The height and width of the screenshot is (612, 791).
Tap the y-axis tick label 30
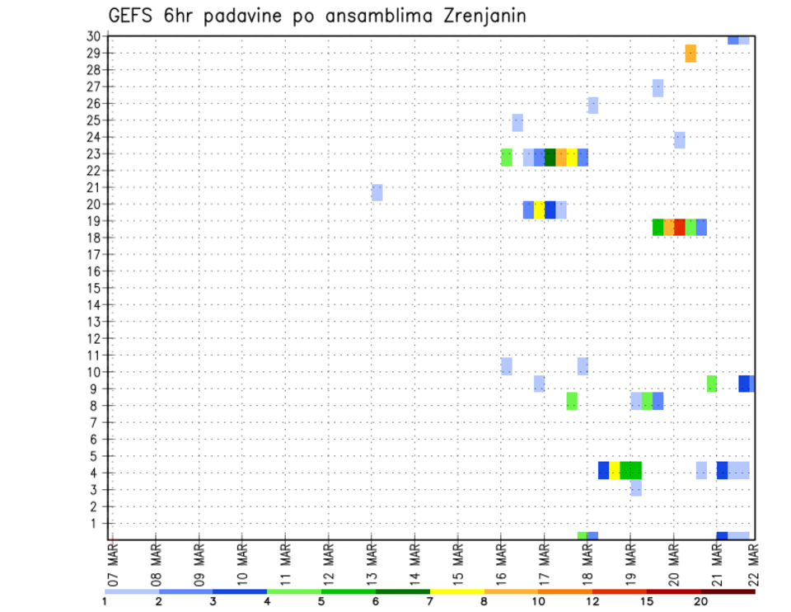(x=93, y=36)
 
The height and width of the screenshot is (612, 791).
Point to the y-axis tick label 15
(x=93, y=288)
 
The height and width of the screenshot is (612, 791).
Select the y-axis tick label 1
(x=96, y=523)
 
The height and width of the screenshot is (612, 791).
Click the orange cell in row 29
(x=690, y=53)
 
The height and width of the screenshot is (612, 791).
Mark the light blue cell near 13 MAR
(x=377, y=192)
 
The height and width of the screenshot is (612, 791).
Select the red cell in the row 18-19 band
(x=680, y=227)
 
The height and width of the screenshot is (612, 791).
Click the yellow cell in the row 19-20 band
(x=539, y=209)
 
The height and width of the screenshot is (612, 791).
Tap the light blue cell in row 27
(x=658, y=87)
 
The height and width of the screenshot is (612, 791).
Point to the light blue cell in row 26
(x=592, y=105)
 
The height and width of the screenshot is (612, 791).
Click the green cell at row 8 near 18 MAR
(x=572, y=401)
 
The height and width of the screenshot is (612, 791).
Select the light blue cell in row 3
(x=636, y=487)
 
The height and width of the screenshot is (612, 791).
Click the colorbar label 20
(x=700, y=600)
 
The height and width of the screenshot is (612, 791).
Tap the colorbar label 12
(x=591, y=600)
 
